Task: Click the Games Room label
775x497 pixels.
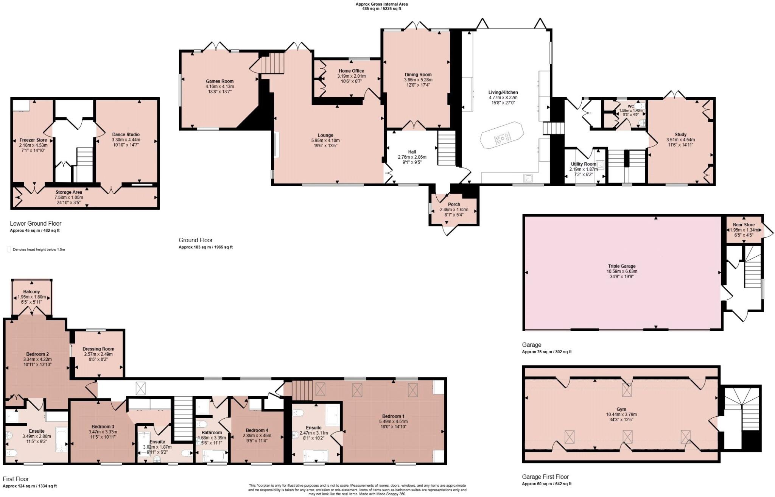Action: tap(219, 81)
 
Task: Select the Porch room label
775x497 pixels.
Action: tap(454, 204)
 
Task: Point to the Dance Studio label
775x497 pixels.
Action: tap(126, 134)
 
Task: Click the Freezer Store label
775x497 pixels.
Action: tap(33, 140)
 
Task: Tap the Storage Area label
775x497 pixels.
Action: tap(68, 192)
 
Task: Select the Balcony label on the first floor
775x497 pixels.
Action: tap(31, 291)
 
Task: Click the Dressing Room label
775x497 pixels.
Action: tap(98, 349)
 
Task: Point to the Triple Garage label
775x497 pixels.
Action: tap(622, 266)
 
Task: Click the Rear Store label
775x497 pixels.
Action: tap(744, 224)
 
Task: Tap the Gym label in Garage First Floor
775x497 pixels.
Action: tap(621, 409)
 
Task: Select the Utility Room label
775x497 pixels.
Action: tap(584, 164)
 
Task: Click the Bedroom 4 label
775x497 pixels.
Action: tap(257, 430)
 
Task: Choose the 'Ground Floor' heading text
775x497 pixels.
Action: tap(196, 240)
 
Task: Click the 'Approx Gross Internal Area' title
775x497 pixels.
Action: tap(381, 4)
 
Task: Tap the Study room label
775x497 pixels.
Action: tap(680, 134)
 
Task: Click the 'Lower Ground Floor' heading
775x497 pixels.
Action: tap(36, 223)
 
